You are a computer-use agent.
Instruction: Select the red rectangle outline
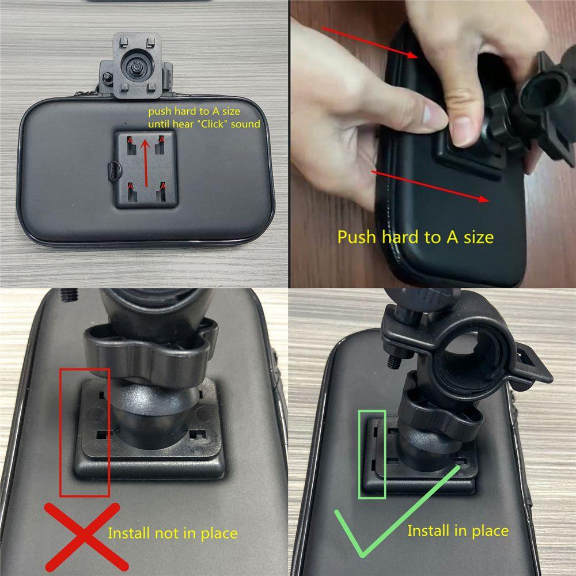pyautogui.click(x=84, y=432)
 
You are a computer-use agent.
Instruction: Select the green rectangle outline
pyautogui.click(x=371, y=454)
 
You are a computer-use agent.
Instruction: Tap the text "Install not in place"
pyautogui.click(x=172, y=533)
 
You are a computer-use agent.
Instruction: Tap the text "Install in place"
pyautogui.click(x=457, y=530)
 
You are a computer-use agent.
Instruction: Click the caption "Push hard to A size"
pyautogui.click(x=415, y=237)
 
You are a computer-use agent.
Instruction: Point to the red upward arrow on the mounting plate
pyautogui.click(x=147, y=162)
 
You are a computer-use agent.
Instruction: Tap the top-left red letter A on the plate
pyautogui.click(x=131, y=140)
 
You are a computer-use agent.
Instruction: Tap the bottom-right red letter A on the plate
pyautogui.click(x=163, y=185)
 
